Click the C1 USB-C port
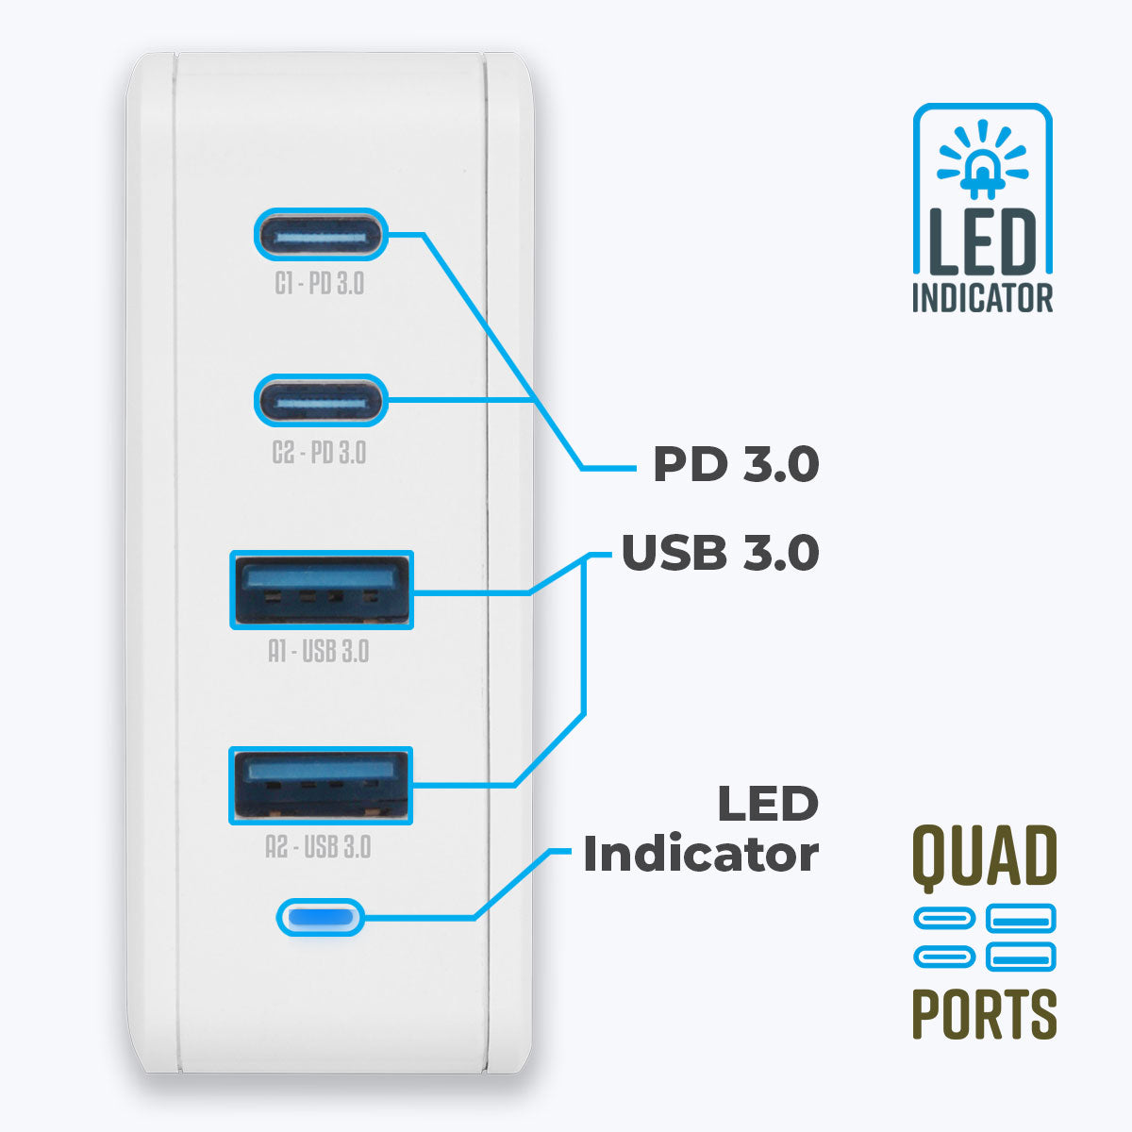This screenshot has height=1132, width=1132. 321,234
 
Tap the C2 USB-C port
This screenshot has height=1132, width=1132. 321,400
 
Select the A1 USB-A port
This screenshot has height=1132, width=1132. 322,591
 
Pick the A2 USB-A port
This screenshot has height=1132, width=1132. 321,785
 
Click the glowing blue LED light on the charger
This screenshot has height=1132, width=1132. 320,916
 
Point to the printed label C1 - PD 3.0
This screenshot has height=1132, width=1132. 320,284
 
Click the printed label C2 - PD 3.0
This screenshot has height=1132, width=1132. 319,453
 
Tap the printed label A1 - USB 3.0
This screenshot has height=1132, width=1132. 319,652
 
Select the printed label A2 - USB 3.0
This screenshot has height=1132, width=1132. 319,847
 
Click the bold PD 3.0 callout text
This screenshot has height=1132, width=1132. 736,464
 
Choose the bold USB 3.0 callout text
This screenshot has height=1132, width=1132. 720,553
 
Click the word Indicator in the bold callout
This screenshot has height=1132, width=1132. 700,855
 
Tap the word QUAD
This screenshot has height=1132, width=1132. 984,857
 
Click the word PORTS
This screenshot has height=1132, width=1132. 984,1014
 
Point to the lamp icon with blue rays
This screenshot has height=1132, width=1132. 982,160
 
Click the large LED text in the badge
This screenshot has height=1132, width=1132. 983,241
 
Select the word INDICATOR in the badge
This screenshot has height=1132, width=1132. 982,299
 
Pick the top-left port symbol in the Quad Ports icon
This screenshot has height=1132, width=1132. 944,918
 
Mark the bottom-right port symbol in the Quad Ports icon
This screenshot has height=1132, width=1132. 1021,957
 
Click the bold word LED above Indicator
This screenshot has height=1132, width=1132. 767,805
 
